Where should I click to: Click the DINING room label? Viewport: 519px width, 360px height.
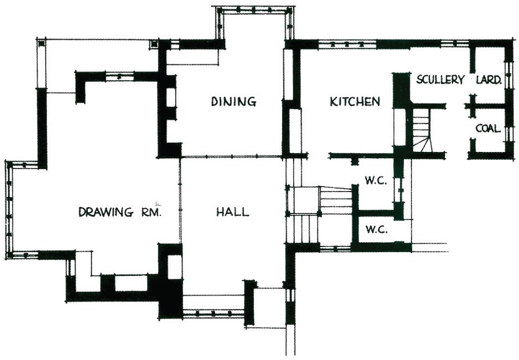pyautogui.click(x=234, y=101)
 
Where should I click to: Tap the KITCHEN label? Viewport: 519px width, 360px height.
pyautogui.click(x=355, y=101)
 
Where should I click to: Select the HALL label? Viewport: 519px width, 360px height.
pyautogui.click(x=233, y=212)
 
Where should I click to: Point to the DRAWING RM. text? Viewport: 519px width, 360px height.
pyautogui.click(x=120, y=212)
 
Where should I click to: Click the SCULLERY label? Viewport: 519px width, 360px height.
pyautogui.click(x=440, y=80)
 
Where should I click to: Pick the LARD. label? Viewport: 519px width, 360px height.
pyautogui.click(x=488, y=80)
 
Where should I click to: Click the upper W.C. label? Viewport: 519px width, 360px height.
pyautogui.click(x=376, y=181)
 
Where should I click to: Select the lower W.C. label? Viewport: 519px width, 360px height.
pyautogui.click(x=376, y=229)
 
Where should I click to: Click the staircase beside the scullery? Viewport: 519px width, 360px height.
pyautogui.click(x=421, y=131)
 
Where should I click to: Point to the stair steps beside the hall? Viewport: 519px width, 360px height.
pyautogui.click(x=335, y=201)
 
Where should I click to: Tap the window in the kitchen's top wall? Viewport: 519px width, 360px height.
pyautogui.click(x=347, y=44)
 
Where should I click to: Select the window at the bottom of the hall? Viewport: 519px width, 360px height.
pyautogui.click(x=214, y=313)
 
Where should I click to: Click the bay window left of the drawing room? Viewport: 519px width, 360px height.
pyautogui.click(x=9, y=209)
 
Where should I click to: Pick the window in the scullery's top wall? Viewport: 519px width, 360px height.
pyautogui.click(x=455, y=43)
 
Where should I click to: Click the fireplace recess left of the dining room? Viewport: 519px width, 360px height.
pyautogui.click(x=170, y=98)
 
